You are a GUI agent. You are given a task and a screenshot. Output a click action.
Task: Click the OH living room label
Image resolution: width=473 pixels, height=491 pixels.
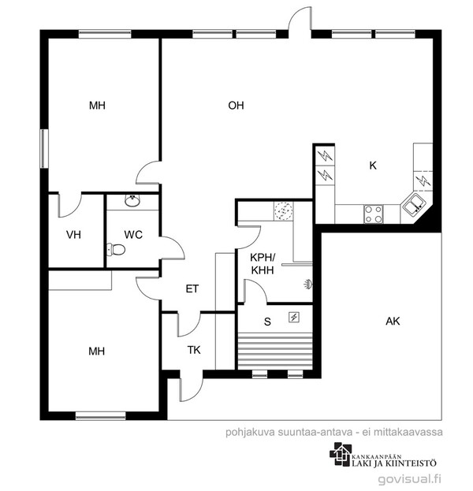[236, 106]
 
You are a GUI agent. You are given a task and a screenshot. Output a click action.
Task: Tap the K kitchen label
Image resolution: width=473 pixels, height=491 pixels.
[373, 166]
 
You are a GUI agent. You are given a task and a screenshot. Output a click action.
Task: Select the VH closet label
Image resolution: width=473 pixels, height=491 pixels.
[73, 235]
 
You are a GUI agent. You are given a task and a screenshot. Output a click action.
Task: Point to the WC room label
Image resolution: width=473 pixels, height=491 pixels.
[133, 235]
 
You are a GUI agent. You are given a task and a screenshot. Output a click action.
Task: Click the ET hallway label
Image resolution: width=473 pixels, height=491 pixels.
[192, 288]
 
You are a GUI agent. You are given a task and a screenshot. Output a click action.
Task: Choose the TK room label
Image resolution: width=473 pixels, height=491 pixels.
[194, 350]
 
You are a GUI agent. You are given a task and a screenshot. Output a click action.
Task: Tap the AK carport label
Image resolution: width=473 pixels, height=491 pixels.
[393, 322]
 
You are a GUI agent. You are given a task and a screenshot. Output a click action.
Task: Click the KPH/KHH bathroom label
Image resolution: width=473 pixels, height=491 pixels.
[263, 264]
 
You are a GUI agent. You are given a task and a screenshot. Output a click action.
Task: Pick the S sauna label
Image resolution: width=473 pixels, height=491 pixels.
[267, 322]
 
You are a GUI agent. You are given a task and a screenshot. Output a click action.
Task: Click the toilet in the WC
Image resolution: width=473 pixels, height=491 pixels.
[116, 250]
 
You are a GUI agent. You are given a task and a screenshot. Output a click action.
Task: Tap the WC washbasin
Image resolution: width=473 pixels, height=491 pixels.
[132, 201]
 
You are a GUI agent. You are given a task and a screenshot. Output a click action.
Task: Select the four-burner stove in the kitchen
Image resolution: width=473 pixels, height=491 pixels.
[374, 214]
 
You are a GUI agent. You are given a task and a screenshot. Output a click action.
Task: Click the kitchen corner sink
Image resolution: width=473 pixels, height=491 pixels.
[414, 204]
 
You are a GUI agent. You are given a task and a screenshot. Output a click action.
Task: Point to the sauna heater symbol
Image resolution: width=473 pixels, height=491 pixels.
[294, 318]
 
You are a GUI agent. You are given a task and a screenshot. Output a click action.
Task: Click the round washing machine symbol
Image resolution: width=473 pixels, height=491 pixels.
[284, 210]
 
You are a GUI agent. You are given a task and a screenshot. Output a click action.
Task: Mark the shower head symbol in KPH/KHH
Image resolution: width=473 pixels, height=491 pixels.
[308, 285]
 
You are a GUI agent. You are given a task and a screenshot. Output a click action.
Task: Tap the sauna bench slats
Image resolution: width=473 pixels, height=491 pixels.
[275, 351]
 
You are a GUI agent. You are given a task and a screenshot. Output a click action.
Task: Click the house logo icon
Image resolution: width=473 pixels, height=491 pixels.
[341, 454]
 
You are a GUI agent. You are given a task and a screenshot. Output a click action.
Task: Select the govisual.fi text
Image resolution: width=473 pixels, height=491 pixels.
[410, 479]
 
